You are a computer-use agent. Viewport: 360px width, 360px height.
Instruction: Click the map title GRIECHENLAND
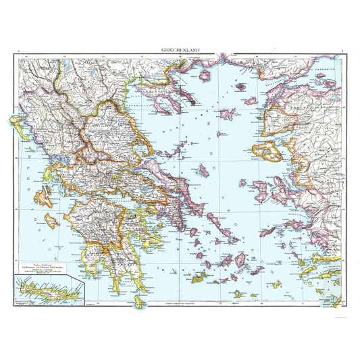click(x=180, y=49)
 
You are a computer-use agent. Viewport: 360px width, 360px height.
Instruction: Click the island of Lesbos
click(x=266, y=150)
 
